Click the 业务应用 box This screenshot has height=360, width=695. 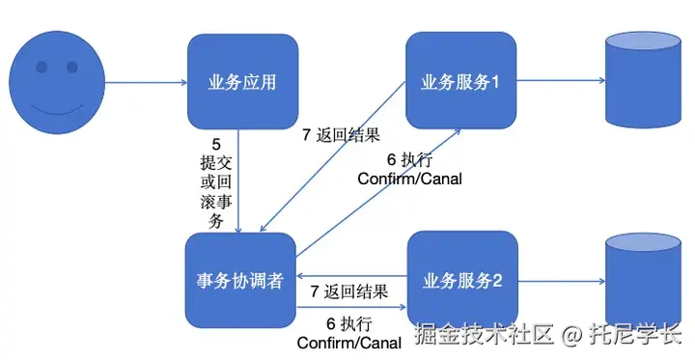[241, 82]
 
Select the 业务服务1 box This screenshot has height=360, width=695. [459, 81]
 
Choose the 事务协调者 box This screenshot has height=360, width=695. [241, 281]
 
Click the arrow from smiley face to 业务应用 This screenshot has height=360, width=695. [145, 83]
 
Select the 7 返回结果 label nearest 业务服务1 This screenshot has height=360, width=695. [341, 136]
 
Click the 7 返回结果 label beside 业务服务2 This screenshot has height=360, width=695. [348, 291]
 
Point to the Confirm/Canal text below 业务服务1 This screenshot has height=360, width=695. [409, 179]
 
